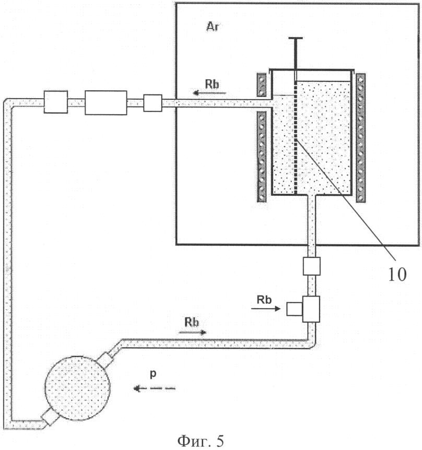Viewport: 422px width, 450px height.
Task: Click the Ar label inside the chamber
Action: pos(213,27)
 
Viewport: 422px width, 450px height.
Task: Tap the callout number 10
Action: pos(397,275)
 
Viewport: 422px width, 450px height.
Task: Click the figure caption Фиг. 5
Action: pos(201,441)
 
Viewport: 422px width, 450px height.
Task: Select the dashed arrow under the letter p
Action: pos(155,388)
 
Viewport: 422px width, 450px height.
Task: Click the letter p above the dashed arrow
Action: pos(154,374)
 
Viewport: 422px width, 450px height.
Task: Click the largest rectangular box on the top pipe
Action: pos(106,103)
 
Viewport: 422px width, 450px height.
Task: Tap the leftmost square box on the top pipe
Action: pos(56,102)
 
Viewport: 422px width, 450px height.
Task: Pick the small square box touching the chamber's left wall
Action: pos(153,103)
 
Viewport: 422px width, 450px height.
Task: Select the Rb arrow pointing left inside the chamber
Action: pos(209,92)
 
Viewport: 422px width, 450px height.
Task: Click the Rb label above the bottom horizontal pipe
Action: pos(192,322)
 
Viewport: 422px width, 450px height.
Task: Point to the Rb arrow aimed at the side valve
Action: pos(266,309)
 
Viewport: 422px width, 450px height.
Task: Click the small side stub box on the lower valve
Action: pos(295,309)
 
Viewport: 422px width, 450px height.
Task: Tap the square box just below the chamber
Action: pos(311,266)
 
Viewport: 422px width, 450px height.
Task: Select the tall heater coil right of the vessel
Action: pos(360,138)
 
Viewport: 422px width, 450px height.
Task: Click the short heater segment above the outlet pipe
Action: pos(262,85)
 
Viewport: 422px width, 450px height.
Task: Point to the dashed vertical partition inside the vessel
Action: pos(296,138)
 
